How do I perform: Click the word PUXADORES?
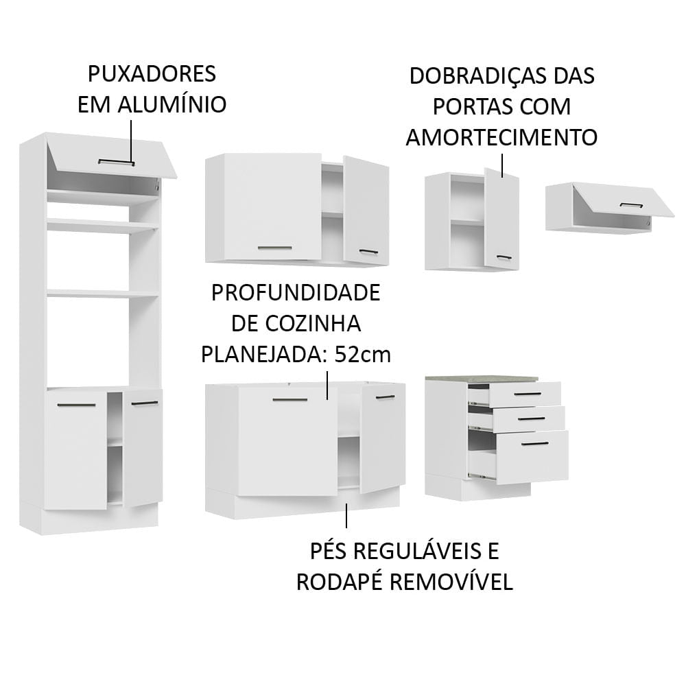tap(152, 73)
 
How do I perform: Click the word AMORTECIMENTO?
tap(501, 137)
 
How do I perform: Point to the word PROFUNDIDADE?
tap(295, 293)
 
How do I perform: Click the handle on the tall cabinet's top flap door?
tap(116, 163)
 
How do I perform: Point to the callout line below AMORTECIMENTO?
tap(502, 165)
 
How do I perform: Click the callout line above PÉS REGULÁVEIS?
tap(346, 515)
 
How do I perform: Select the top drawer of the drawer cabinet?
tap(525, 394)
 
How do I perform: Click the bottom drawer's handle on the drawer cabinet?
tap(534, 444)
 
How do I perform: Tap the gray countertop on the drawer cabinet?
tap(480, 378)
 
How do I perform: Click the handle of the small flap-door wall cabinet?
tap(631, 204)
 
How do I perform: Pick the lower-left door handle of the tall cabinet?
tap(76, 405)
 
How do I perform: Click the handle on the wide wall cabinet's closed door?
tap(274, 246)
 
